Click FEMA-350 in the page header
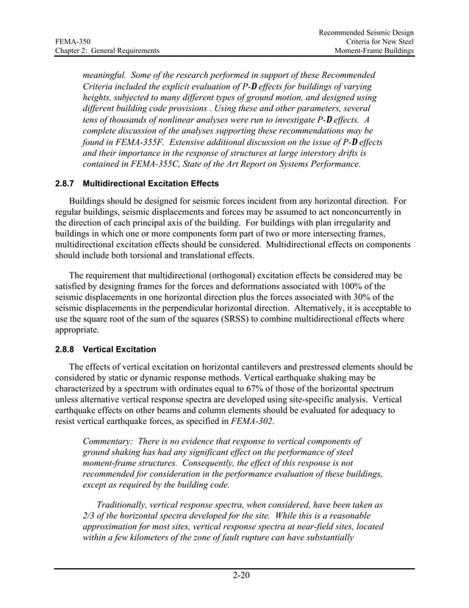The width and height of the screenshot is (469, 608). (x=71, y=42)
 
